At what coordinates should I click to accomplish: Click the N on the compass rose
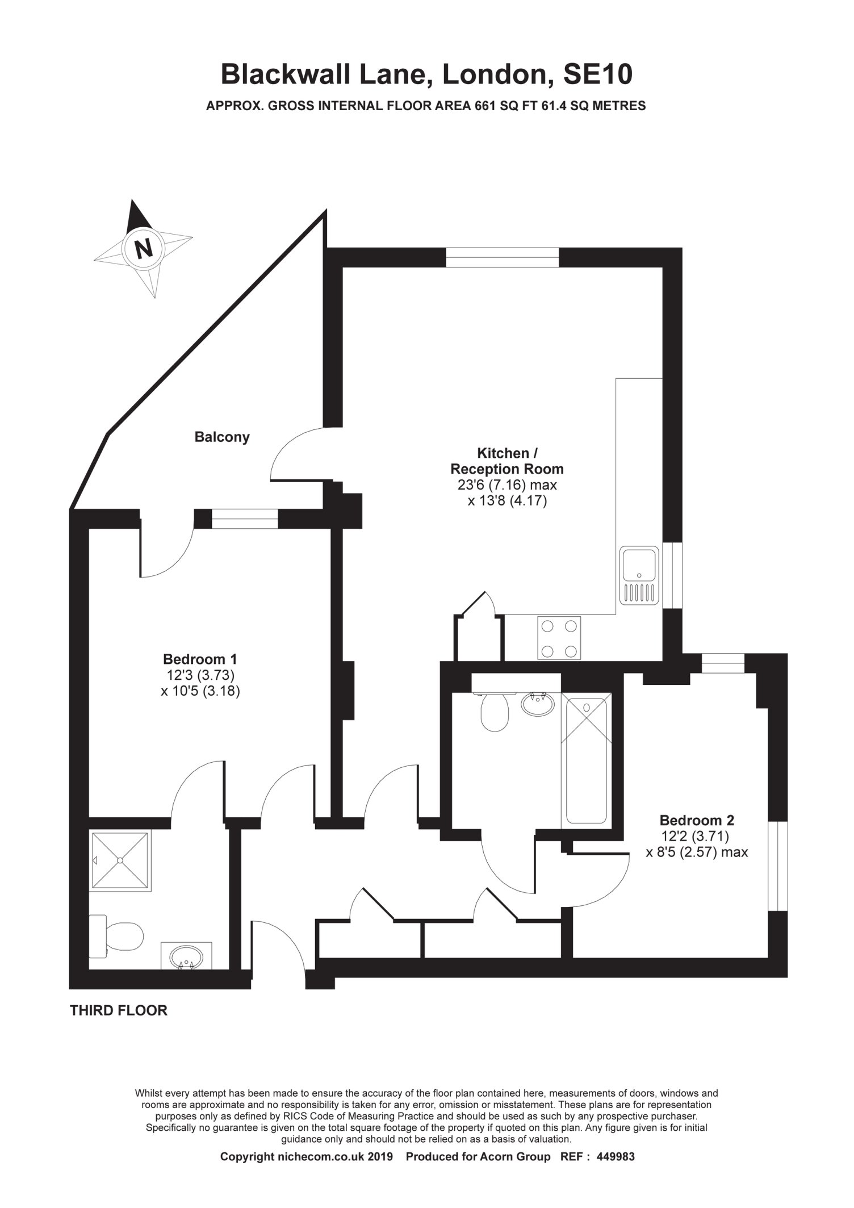pyautogui.click(x=144, y=249)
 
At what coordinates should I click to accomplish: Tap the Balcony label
pyautogui.click(x=222, y=437)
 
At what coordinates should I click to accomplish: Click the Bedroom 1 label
pyautogui.click(x=200, y=659)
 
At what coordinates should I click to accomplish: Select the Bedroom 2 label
pyautogui.click(x=697, y=821)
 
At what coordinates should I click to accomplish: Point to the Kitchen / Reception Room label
pyautogui.click(x=507, y=461)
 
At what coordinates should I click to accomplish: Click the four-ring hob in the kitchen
pyautogui.click(x=559, y=638)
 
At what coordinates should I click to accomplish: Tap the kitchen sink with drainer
pyautogui.click(x=639, y=576)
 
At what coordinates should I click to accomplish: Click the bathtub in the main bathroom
pyautogui.click(x=587, y=759)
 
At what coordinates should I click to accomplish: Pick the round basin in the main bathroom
pyautogui.click(x=537, y=705)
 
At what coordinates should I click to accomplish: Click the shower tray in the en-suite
pyautogui.click(x=120, y=860)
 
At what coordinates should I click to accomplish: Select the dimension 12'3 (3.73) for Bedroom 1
pyautogui.click(x=199, y=675)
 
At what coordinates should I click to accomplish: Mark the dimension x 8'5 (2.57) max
pyautogui.click(x=697, y=852)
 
